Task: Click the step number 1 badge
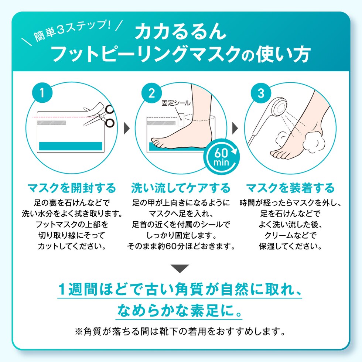pyautogui.click(x=42, y=93)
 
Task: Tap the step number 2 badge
pyautogui.click(x=151, y=93)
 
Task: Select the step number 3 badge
pyautogui.click(x=261, y=93)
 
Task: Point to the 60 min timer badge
pyautogui.click(x=221, y=157)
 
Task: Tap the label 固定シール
pyautogui.click(x=176, y=103)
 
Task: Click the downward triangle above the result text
pyautogui.click(x=180, y=269)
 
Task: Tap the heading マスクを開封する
pyautogui.click(x=72, y=188)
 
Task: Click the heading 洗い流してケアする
pyautogui.click(x=181, y=188)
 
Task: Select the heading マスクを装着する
pyautogui.click(x=290, y=188)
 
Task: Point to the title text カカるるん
pyautogui.click(x=180, y=32)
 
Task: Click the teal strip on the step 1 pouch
pyautogui.click(x=71, y=146)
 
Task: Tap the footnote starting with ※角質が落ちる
pyautogui.click(x=180, y=332)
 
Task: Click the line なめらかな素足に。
pyautogui.click(x=179, y=310)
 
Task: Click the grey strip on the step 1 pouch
pyautogui.click(x=52, y=123)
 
